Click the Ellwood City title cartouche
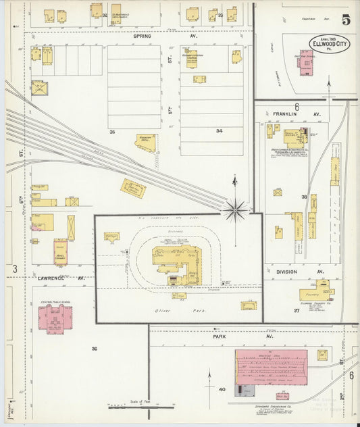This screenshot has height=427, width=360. tap(330, 43)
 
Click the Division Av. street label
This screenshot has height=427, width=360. tap(291, 272)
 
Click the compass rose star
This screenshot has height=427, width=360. tap(234, 211)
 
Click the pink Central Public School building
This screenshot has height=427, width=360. tap(54, 319)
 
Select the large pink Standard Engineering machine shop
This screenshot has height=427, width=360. tap(270, 366)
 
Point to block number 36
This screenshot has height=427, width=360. tap(95, 348)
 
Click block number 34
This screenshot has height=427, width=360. tap(219, 130)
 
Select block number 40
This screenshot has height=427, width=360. tap(221, 389)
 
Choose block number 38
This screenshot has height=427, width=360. tap(304, 197)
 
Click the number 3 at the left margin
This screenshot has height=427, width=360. tap(14, 269)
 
